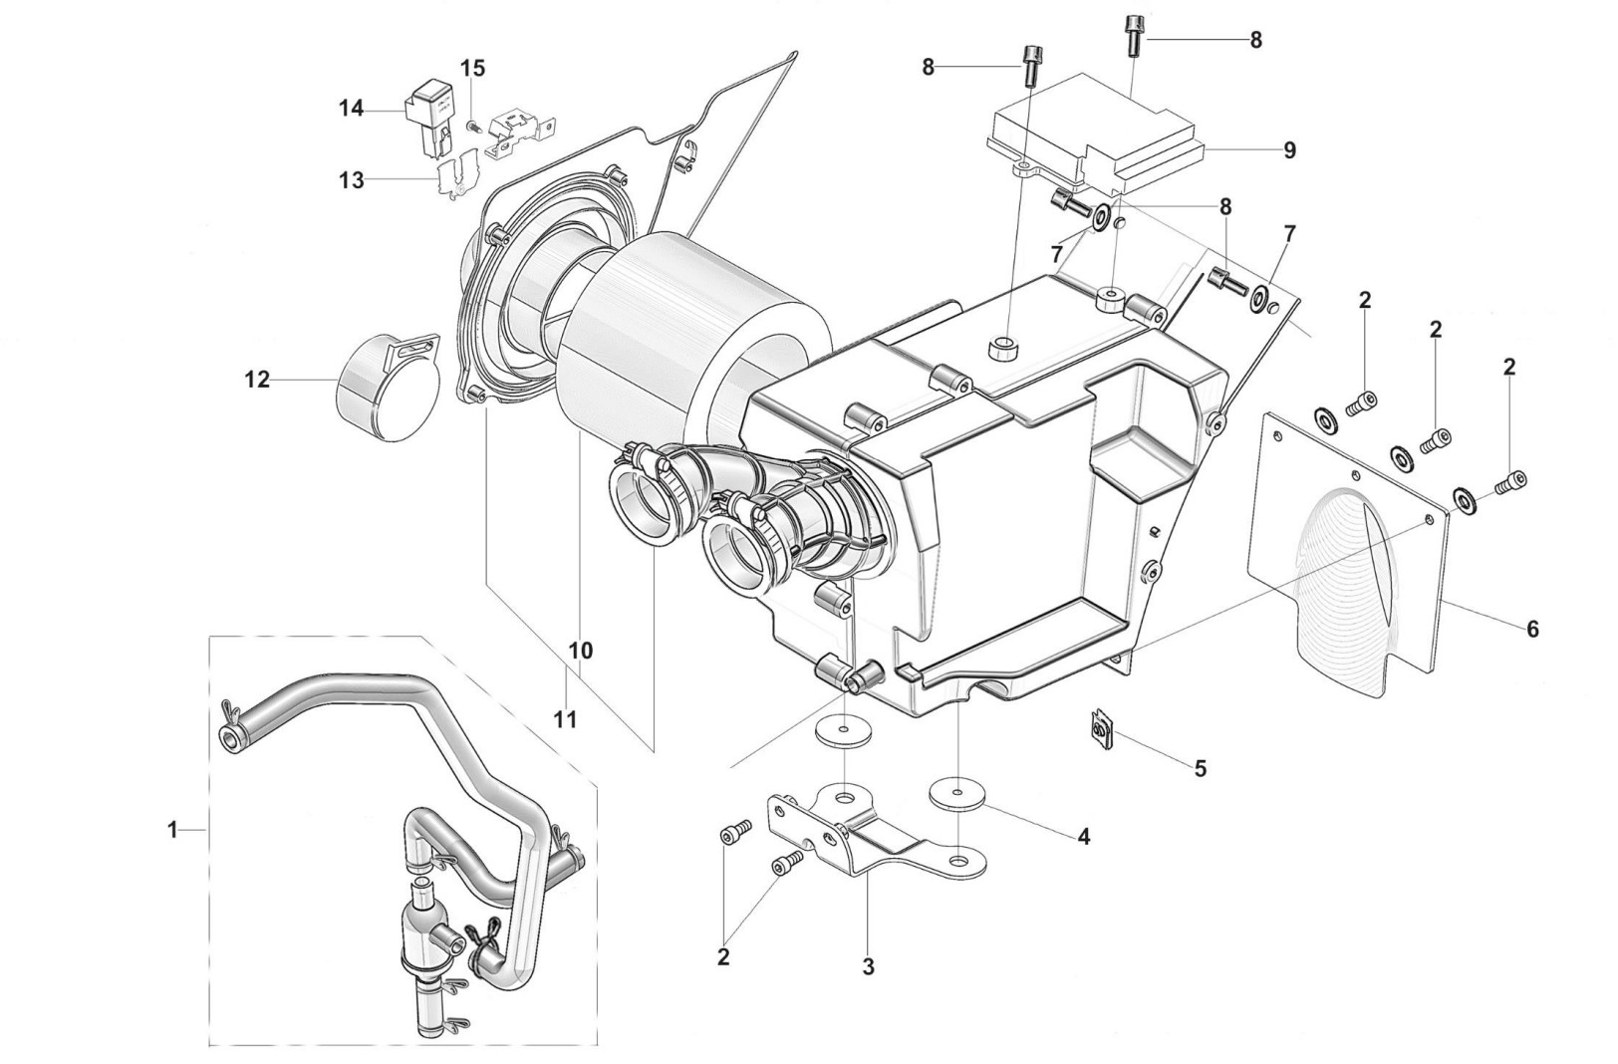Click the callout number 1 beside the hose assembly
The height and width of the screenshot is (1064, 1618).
pyautogui.click(x=172, y=829)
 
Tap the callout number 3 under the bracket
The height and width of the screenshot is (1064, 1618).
pyautogui.click(x=868, y=966)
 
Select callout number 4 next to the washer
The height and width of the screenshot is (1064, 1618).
pyautogui.click(x=1083, y=836)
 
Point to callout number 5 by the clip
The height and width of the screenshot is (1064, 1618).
pyautogui.click(x=1201, y=768)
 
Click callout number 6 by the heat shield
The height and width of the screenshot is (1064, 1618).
pyautogui.click(x=1532, y=629)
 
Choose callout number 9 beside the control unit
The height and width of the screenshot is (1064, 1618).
pyautogui.click(x=1289, y=150)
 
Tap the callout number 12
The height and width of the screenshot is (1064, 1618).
pyautogui.click(x=257, y=380)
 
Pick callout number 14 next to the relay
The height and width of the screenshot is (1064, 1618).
pyautogui.click(x=351, y=108)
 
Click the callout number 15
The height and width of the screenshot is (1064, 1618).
pyautogui.click(x=472, y=68)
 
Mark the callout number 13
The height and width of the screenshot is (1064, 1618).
pyautogui.click(x=351, y=180)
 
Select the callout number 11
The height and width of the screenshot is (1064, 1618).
pyautogui.click(x=566, y=719)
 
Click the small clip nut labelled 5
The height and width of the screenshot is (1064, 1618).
pyautogui.click(x=1100, y=732)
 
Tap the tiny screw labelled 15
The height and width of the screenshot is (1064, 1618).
pyautogui.click(x=473, y=127)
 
